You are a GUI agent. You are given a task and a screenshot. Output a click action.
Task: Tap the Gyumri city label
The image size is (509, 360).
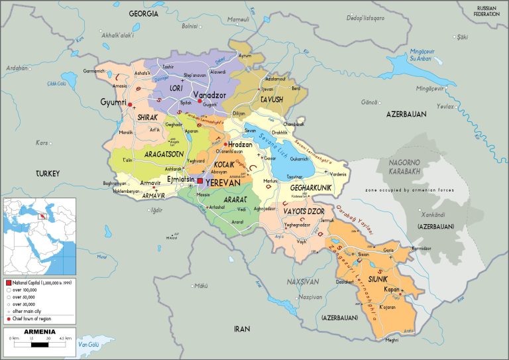113,102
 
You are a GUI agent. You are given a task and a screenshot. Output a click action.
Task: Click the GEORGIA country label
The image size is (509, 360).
143,13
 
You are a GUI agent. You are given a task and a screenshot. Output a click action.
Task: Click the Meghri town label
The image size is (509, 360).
392,340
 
